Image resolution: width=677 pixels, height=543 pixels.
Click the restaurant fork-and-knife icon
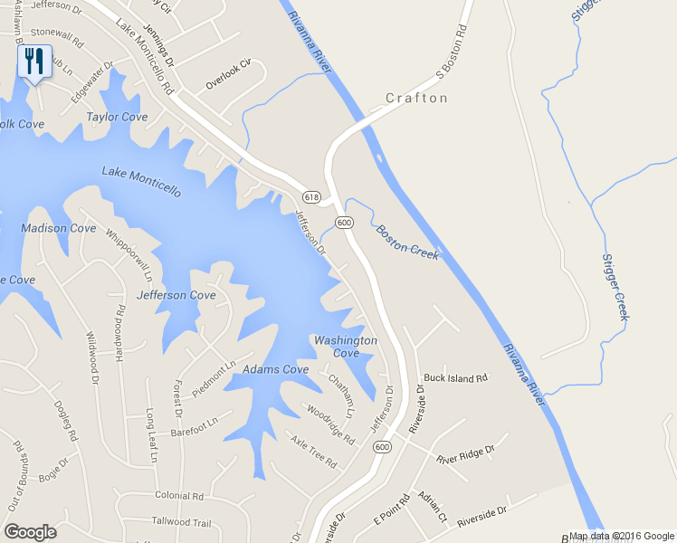click(33, 61)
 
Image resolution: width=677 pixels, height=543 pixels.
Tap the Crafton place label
click(416, 98)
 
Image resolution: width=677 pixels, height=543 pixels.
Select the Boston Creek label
click(407, 243)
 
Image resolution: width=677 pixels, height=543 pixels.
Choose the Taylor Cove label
click(117, 117)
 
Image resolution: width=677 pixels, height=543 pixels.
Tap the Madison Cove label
click(58, 228)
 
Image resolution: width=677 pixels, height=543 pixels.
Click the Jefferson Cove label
click(176, 295)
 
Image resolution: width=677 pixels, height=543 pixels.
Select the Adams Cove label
click(276, 369)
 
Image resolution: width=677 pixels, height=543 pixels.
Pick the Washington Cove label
click(345, 346)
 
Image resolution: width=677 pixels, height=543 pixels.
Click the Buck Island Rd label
click(455, 377)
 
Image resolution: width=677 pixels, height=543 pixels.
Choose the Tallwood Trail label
click(181, 522)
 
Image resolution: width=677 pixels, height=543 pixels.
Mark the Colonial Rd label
click(179, 496)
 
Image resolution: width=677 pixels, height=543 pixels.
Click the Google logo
click(30, 532)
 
